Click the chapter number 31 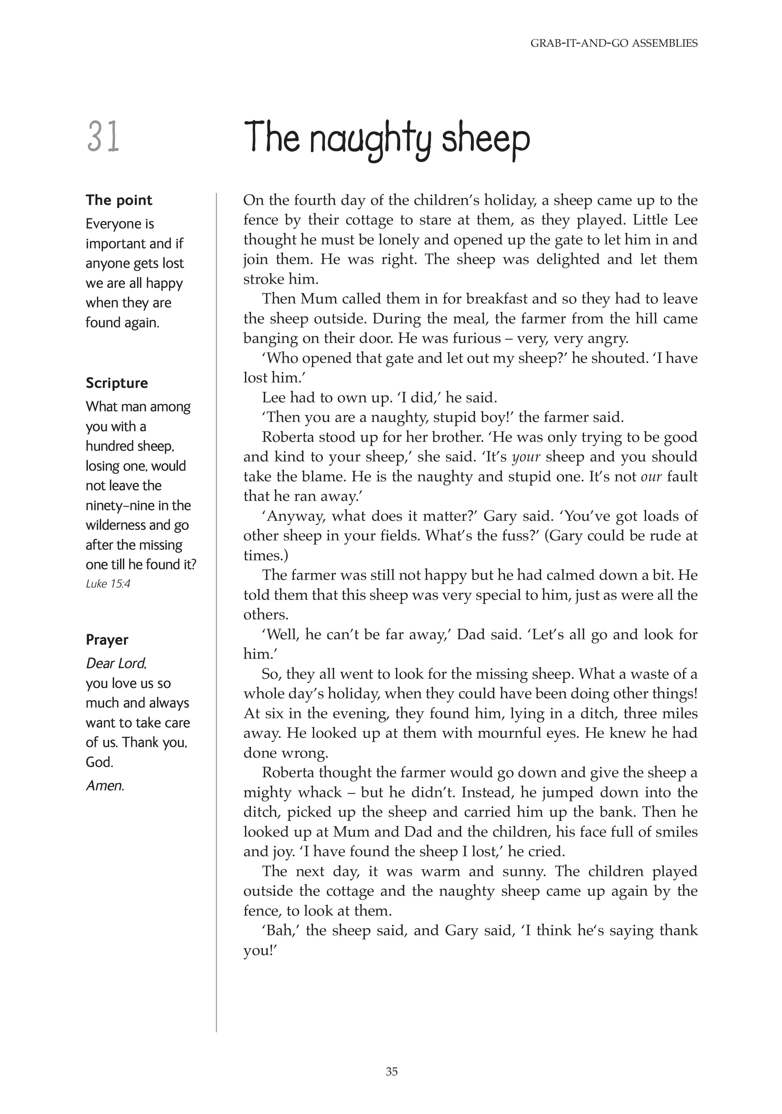[103, 138]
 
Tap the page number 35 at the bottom [391, 1072]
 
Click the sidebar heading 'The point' [119, 200]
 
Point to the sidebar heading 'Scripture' [117, 383]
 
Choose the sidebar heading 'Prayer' [107, 640]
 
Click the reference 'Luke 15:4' [108, 584]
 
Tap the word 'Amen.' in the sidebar [105, 786]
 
